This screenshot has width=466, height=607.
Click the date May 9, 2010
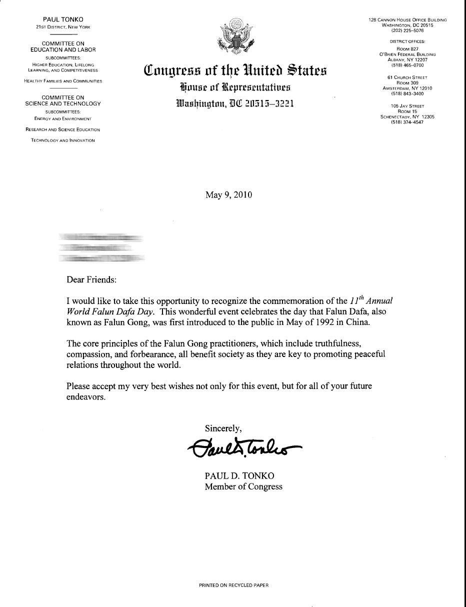coord(228,194)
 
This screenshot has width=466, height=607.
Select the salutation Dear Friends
coord(91,279)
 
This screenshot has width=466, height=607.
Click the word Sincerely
coord(223,428)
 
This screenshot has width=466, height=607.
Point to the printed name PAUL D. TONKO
coord(239,476)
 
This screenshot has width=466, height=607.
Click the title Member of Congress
coord(243,486)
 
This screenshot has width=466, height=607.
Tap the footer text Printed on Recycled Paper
coord(233,585)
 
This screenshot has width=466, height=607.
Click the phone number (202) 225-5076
coord(407,30)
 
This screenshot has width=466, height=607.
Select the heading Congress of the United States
coord(235,70)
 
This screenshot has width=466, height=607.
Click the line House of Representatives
coord(235,87)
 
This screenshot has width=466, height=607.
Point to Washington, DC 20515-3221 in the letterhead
coord(235,103)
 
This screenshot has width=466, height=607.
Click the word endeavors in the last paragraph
coord(85,397)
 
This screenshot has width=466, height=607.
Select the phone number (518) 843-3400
coord(407,93)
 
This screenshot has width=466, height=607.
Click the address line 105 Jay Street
coord(407,106)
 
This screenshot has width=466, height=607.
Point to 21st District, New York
coord(63,27)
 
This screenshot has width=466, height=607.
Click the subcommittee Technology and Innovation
coord(63,140)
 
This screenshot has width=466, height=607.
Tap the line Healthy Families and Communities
coord(63,81)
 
